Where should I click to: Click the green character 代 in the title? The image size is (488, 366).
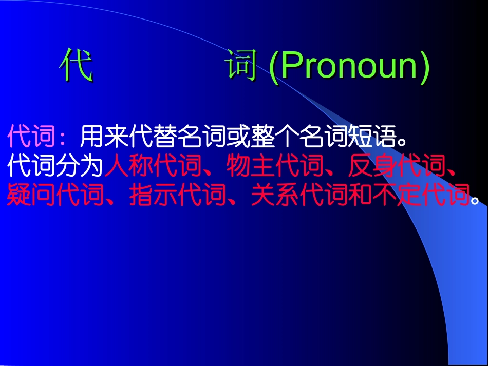click(x=76, y=66)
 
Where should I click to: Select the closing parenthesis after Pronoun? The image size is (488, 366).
click(x=424, y=67)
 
